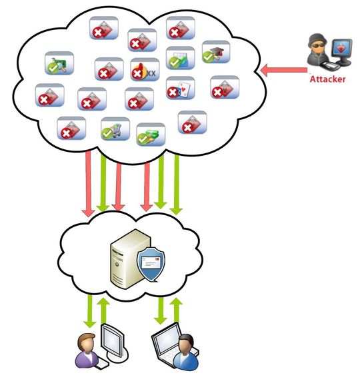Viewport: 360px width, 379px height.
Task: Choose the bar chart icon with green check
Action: click(180, 58)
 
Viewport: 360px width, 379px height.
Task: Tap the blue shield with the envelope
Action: click(151, 264)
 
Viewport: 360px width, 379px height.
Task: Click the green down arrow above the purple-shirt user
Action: click(89, 312)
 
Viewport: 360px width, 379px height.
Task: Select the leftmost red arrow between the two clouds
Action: click(88, 183)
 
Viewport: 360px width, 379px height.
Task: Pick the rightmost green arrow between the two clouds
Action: click(176, 183)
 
